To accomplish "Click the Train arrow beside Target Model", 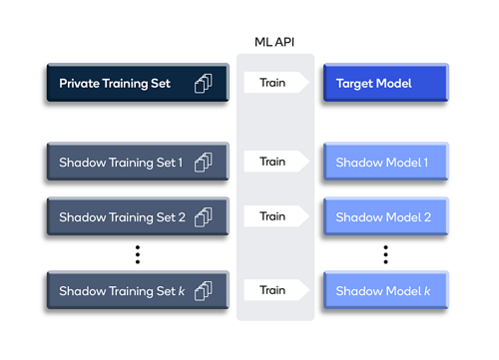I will click(273, 84).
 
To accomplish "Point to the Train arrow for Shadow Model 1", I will click(273, 161).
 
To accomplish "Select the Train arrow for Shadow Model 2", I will click(273, 216).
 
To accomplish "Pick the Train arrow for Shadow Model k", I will click(273, 290).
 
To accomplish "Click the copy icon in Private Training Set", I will click(204, 84).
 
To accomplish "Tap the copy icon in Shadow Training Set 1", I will click(204, 161).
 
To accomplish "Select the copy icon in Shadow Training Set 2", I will click(204, 216).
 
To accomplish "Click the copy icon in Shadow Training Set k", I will click(204, 290).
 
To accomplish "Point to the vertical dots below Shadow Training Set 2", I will click(138, 253).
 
